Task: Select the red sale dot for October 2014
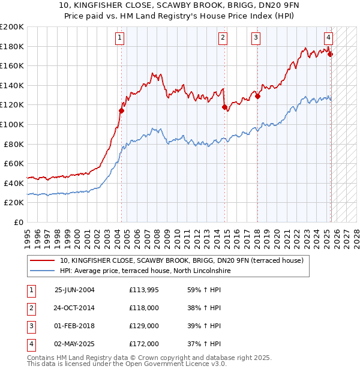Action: click(x=225, y=107)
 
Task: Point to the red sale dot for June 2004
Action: click(x=121, y=110)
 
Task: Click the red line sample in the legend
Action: click(x=43, y=261)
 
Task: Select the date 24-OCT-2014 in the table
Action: click(x=74, y=308)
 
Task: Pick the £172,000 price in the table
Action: click(x=144, y=344)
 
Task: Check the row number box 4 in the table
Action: click(x=31, y=344)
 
